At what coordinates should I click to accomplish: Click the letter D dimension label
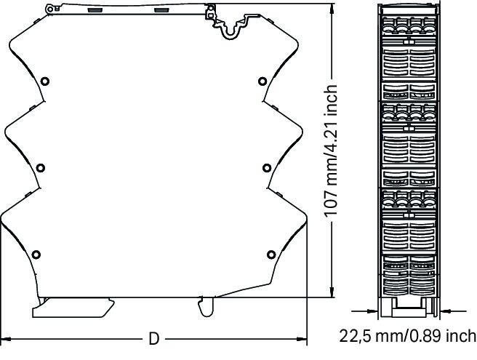tap(154, 339)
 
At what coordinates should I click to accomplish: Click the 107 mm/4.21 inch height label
tap(330, 151)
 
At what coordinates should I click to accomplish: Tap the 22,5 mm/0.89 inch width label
tap(407, 336)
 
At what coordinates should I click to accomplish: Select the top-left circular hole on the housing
tap(45, 81)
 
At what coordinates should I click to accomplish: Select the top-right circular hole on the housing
tap(262, 81)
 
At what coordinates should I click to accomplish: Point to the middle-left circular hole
tap(41, 168)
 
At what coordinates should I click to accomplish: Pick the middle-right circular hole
tap(267, 168)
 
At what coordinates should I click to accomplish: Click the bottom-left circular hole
tap(36, 255)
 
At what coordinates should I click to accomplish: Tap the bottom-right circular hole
tap(271, 255)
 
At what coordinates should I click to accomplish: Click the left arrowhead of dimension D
tap(6, 339)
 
